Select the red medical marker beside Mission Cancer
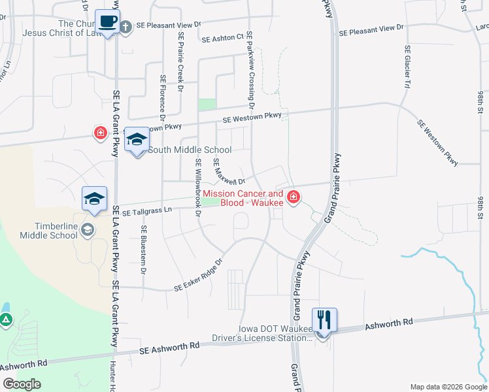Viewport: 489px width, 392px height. point(293,197)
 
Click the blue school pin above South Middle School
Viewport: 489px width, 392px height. point(137,139)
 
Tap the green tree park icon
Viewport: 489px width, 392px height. point(5,320)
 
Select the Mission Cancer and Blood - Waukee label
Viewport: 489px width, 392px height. point(243,198)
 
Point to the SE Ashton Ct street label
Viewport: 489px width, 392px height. point(222,39)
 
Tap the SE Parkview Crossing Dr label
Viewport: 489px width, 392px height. point(250,72)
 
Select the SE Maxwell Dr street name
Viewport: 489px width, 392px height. point(228,172)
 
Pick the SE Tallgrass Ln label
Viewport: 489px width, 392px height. point(146,211)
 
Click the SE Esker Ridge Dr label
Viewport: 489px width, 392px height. point(199,274)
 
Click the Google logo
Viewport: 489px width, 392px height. point(22,384)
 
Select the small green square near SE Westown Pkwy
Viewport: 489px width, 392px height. point(207,104)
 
